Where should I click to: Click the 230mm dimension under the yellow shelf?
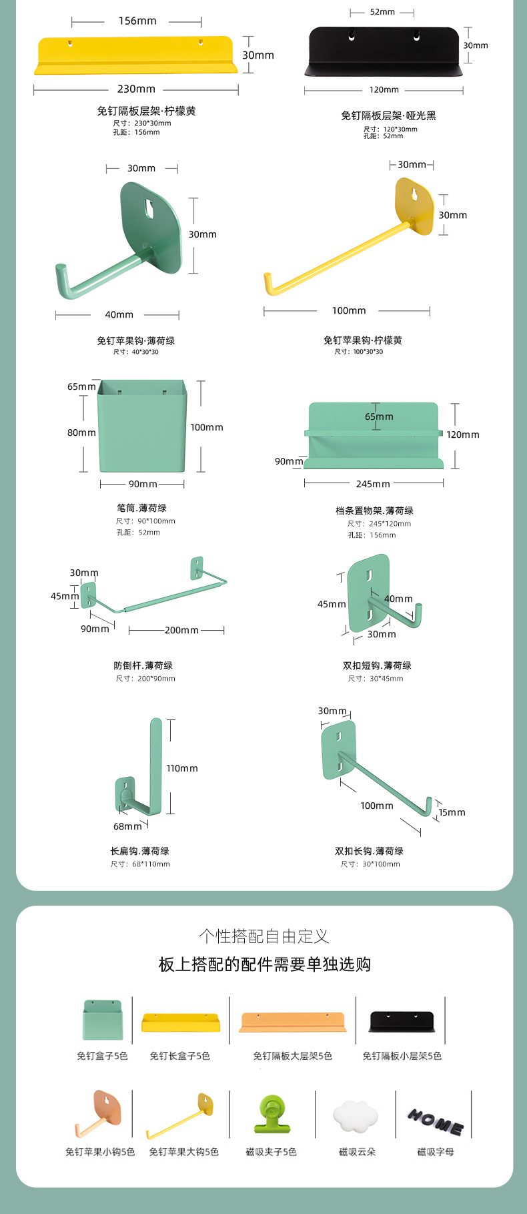click(136, 89)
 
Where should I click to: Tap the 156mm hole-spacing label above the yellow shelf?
click(137, 21)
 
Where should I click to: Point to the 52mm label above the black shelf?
click(382, 12)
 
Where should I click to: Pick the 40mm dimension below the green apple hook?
click(119, 314)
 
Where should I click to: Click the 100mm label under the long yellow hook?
click(349, 310)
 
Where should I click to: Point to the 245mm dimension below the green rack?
click(373, 484)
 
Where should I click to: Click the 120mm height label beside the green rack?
click(463, 434)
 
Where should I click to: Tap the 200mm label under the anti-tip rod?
click(181, 630)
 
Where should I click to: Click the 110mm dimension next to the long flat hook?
click(182, 768)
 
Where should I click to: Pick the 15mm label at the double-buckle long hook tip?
click(452, 812)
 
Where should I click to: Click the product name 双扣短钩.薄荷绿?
click(377, 665)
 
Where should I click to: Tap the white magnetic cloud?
click(356, 1116)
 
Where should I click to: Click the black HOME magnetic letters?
click(436, 1123)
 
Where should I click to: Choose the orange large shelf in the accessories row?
click(293, 1022)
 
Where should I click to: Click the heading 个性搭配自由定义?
click(264, 936)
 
